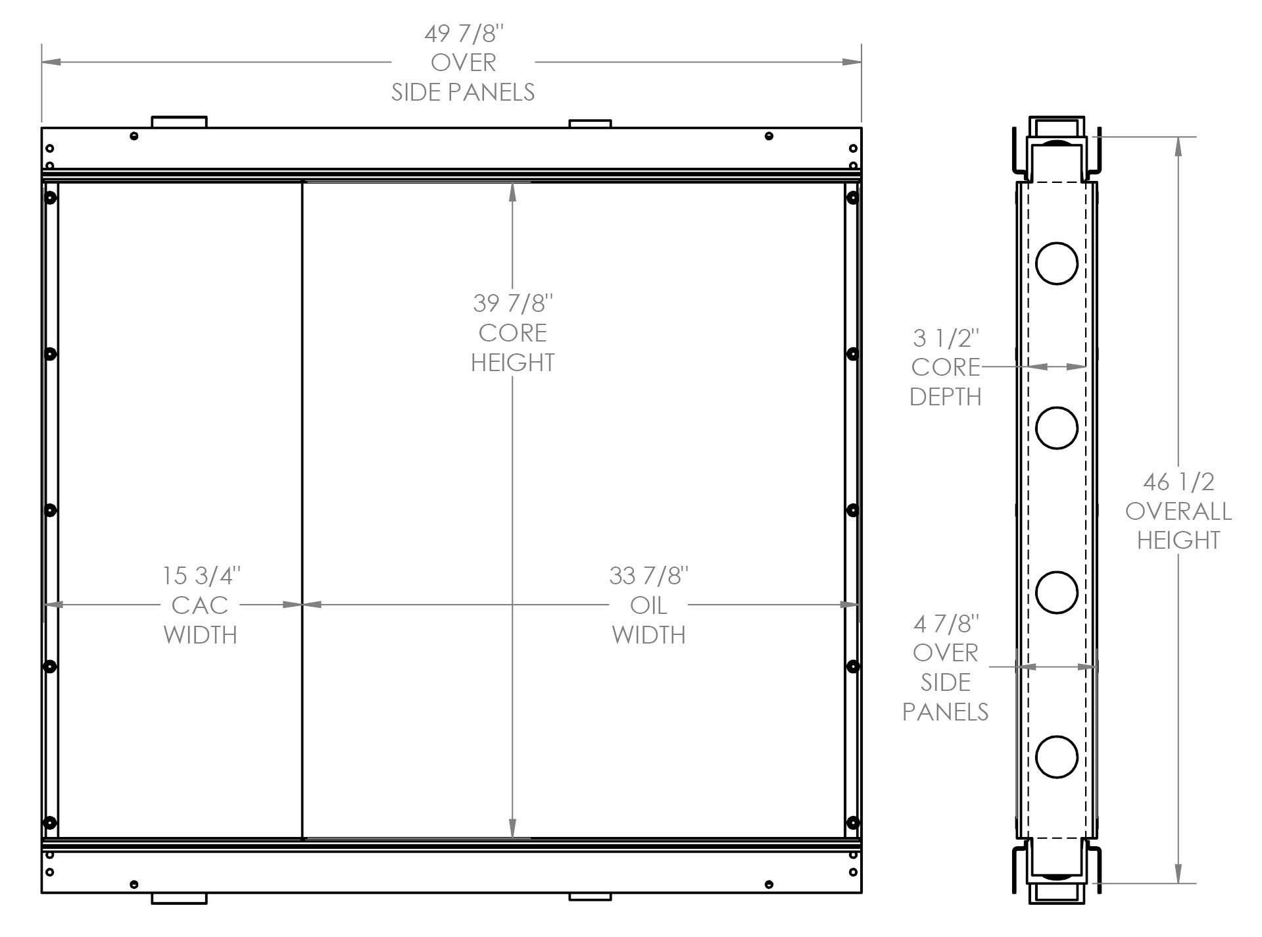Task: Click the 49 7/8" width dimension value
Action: click(464, 34)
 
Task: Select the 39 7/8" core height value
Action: click(512, 303)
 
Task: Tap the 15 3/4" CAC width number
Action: click(201, 576)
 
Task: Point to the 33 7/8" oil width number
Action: click(648, 576)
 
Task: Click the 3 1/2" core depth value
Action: click(946, 338)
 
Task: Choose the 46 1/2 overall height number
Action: click(1178, 482)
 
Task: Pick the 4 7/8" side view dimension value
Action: click(946, 623)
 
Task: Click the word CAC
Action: click(199, 605)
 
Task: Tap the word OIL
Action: click(648, 605)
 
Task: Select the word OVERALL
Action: click(1178, 511)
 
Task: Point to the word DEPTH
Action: click(946, 397)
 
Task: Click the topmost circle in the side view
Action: click(1056, 263)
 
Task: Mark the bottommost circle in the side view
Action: click(1056, 757)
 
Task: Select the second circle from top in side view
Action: click(1056, 428)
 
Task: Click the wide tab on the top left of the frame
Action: click(179, 122)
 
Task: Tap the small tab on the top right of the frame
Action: click(590, 124)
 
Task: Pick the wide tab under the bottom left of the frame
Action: click(179, 898)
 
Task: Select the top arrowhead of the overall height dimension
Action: click(1178, 145)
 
